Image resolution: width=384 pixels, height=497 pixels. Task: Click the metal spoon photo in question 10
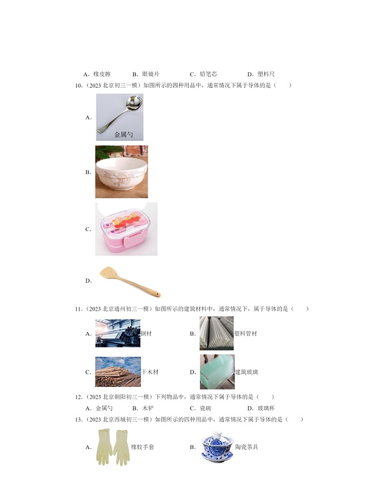119,117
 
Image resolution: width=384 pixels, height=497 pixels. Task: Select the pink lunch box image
126,229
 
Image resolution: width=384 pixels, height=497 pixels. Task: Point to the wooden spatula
129,281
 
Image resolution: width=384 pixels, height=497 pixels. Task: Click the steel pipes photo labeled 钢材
118,333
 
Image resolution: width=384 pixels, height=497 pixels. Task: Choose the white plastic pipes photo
216,333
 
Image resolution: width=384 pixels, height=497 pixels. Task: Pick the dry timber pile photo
118,372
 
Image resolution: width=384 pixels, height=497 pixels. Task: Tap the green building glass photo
217,372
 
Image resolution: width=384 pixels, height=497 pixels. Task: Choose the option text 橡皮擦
102,74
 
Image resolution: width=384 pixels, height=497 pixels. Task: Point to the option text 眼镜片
150,74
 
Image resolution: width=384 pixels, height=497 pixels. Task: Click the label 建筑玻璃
246,372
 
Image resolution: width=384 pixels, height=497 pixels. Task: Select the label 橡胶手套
142,447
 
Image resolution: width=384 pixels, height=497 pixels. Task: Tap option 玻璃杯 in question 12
266,408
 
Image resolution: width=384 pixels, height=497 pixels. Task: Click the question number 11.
78,308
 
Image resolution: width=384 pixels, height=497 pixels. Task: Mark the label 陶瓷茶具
247,447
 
